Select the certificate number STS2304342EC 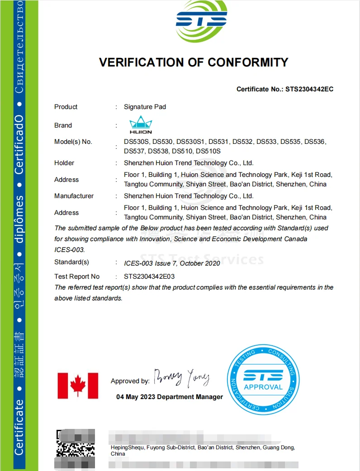309,89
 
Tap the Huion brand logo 141,124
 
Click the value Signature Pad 145,107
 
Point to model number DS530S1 190,142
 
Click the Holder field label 64,163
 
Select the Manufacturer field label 74,196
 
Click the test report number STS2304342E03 149,276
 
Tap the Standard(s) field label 71,262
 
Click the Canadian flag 78,385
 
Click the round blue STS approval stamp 263,379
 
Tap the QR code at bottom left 75,449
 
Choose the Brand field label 63,125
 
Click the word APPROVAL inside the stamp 263,387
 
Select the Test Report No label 77,276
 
